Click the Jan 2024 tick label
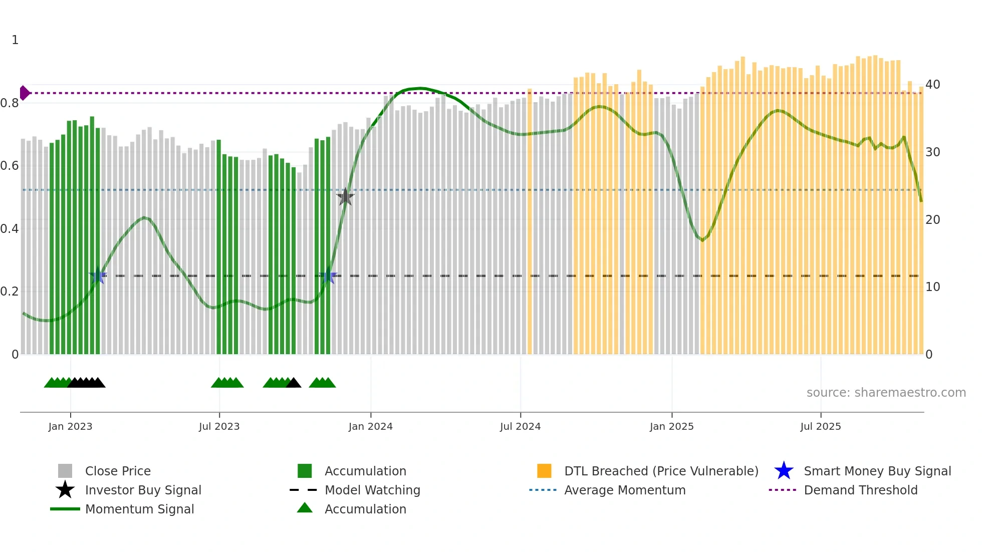(370, 426)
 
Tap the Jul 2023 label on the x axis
(219, 426)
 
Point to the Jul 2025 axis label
(820, 426)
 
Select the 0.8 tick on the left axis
(10, 103)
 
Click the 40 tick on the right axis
(932, 84)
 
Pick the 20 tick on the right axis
(932, 219)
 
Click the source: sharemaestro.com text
(886, 392)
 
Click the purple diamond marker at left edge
(24, 93)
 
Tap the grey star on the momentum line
(345, 197)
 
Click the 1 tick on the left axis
(15, 40)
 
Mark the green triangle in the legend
(305, 508)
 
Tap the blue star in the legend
(784, 471)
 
